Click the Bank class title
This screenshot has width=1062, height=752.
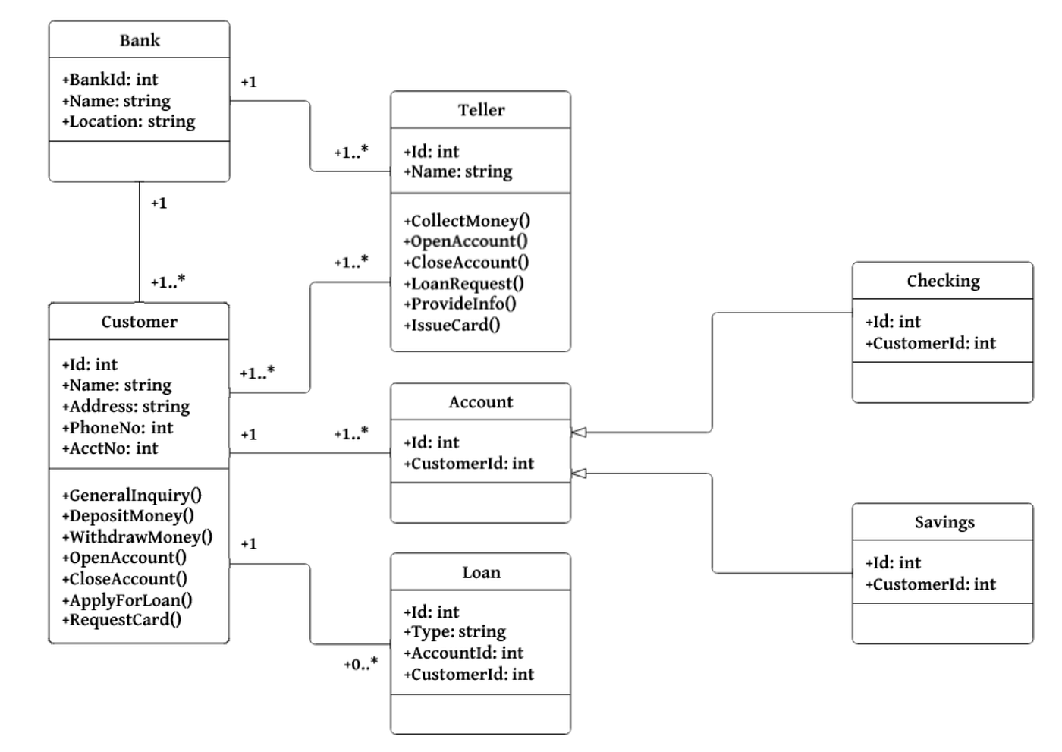tap(140, 40)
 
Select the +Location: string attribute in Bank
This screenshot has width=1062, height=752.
tap(129, 121)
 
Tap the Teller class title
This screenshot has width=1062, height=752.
tap(481, 110)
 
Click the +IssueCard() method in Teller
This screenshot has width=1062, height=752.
tap(452, 325)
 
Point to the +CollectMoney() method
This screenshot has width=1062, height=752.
tap(467, 221)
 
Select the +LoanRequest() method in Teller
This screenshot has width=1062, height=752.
tap(463, 283)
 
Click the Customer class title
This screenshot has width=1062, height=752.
tap(139, 322)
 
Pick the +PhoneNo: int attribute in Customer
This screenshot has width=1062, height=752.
tap(118, 427)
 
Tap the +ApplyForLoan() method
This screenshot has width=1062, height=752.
tap(127, 599)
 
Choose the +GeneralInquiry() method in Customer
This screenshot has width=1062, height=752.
tap(132, 495)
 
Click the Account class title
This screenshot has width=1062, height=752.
tap(480, 402)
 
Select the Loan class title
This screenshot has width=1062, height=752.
tap(481, 572)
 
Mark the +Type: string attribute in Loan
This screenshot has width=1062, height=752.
tap(454, 631)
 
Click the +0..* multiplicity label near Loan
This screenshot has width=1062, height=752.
tap(360, 665)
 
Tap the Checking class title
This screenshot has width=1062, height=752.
tap(943, 281)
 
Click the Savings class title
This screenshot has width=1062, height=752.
tap(944, 522)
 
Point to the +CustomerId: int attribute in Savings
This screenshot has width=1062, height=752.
tap(931, 584)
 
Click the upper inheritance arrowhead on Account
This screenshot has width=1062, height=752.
tap(579, 433)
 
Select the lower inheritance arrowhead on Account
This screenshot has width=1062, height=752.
tap(579, 474)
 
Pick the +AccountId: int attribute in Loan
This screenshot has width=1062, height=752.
tap(463, 653)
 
